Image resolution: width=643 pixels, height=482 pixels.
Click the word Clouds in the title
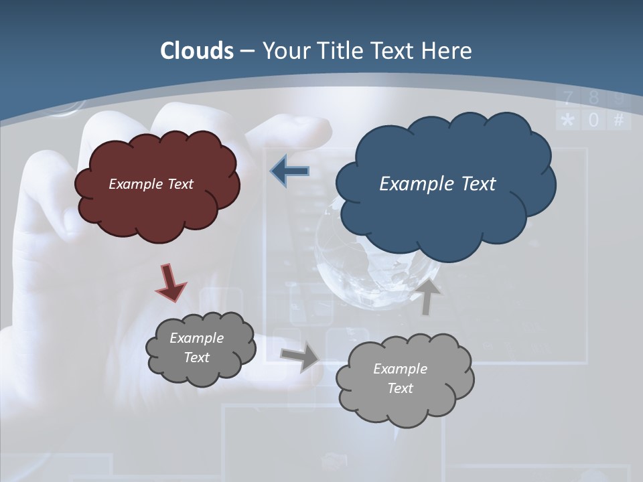pos(197,51)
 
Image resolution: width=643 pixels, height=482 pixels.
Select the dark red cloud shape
pos(157,201)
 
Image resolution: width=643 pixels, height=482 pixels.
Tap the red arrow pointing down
pos(170,282)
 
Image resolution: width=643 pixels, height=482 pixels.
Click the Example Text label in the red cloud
pos(151,184)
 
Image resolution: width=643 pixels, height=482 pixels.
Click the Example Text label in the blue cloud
pos(437,184)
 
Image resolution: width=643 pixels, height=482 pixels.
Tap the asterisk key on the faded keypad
pos(568,120)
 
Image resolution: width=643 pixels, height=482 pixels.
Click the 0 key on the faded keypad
pos(593,120)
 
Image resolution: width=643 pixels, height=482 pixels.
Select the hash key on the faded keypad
pos(618,120)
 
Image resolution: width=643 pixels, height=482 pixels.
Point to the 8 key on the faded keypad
pos(593,98)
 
